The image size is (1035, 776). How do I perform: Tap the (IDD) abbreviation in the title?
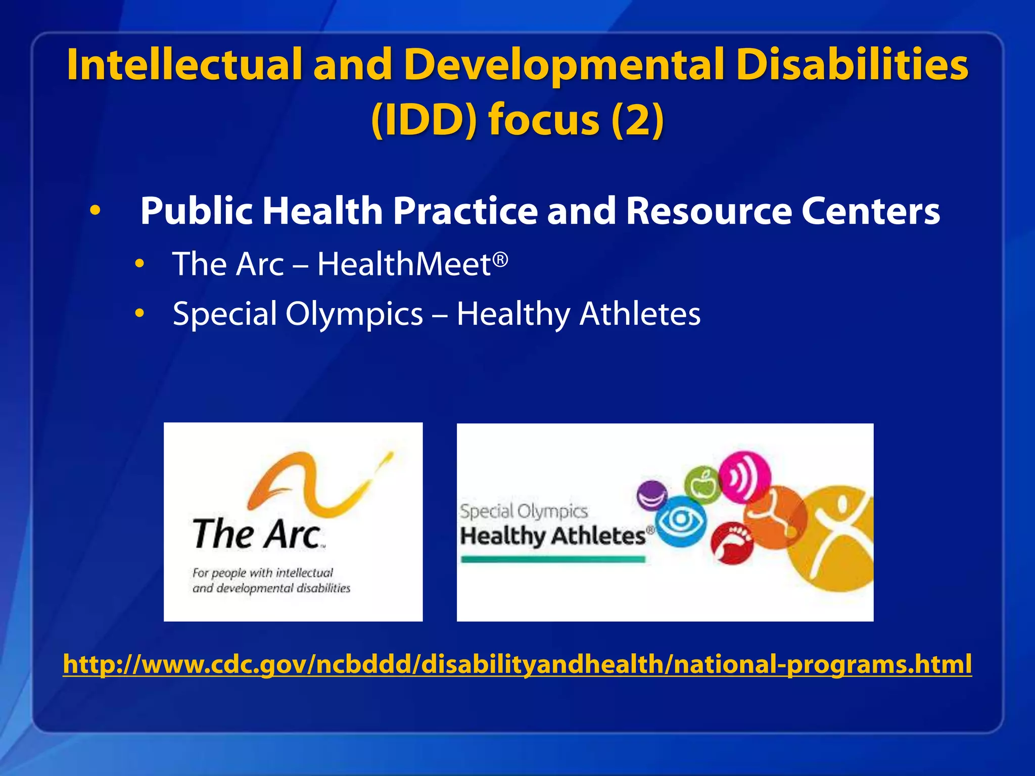(x=424, y=120)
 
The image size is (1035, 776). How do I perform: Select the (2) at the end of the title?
(x=637, y=120)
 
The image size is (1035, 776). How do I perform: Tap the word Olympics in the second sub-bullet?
(x=354, y=314)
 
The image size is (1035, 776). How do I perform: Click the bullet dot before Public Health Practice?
(x=95, y=211)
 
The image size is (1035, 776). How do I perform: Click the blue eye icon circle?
(x=680, y=520)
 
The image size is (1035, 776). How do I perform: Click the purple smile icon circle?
(x=652, y=496)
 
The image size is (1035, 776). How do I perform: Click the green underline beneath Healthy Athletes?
(x=553, y=559)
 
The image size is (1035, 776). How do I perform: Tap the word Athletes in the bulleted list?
(x=640, y=314)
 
